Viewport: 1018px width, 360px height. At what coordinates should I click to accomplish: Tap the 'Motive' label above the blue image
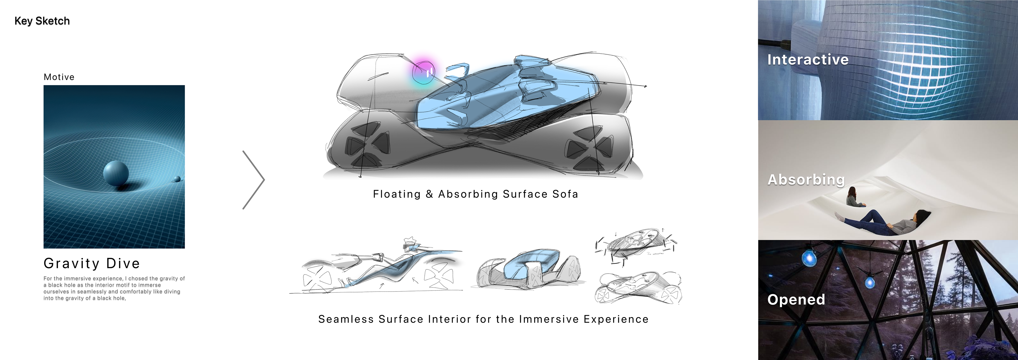pyautogui.click(x=59, y=77)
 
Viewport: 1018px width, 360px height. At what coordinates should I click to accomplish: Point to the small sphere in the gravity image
pyautogui.click(x=177, y=179)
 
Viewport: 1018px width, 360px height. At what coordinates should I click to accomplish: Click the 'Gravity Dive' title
pyautogui.click(x=92, y=263)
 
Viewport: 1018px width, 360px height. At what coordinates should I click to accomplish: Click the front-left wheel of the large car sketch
pyautogui.click(x=367, y=144)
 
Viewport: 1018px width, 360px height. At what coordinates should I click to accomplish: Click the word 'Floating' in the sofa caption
pyautogui.click(x=397, y=194)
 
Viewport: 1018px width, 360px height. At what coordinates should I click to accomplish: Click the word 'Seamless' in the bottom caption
pyautogui.click(x=346, y=319)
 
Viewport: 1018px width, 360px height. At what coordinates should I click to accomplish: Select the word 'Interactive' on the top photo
pyautogui.click(x=808, y=60)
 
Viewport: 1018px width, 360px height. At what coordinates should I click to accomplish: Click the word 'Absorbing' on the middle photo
pyautogui.click(x=806, y=179)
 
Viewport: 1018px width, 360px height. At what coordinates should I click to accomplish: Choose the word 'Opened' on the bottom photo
pyautogui.click(x=796, y=300)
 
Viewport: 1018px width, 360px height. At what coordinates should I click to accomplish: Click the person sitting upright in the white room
pyautogui.click(x=854, y=197)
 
